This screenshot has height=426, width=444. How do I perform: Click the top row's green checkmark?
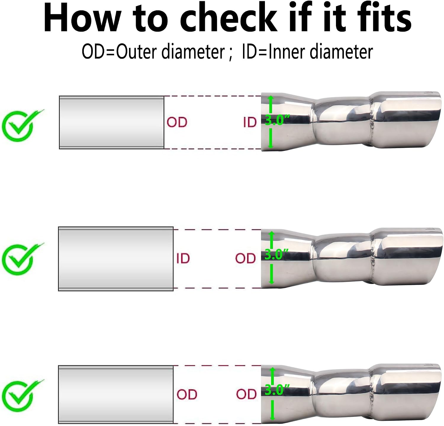pyautogui.click(x=22, y=125)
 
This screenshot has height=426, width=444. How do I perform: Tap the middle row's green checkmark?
pyautogui.click(x=22, y=259)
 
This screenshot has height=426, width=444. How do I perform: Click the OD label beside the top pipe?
pyautogui.click(x=177, y=122)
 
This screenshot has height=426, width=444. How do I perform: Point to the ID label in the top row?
pyautogui.click(x=250, y=122)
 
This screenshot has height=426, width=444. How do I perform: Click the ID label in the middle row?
pyautogui.click(x=183, y=258)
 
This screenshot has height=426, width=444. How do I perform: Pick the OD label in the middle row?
pyautogui.click(x=246, y=258)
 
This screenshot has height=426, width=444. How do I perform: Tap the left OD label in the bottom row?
pyautogui.click(x=187, y=394)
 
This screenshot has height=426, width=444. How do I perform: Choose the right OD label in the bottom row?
pyautogui.click(x=246, y=394)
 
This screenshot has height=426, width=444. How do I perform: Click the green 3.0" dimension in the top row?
pyautogui.click(x=277, y=121)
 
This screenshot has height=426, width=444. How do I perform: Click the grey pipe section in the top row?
pyautogui.click(x=112, y=122)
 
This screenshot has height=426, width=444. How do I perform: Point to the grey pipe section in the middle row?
pyautogui.click(x=116, y=259)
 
